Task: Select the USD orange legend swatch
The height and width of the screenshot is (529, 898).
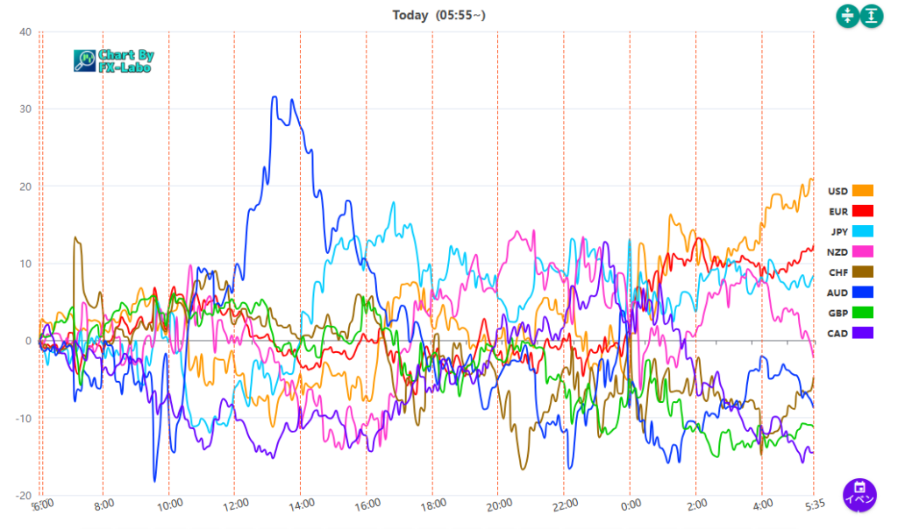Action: [x=863, y=191]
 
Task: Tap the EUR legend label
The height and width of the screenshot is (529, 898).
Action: [x=838, y=211]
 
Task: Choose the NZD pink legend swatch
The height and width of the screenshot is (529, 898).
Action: [x=863, y=252]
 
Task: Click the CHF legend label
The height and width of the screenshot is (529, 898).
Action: [x=838, y=272]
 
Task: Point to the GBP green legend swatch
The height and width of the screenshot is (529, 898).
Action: [x=863, y=313]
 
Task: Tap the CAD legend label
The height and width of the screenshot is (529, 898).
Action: [x=838, y=334]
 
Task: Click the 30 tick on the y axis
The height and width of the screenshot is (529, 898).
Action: [x=25, y=109]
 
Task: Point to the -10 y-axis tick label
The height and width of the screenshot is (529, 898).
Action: [x=23, y=418]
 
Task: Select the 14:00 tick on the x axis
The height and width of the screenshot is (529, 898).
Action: [x=302, y=504]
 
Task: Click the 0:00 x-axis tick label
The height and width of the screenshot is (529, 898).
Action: [x=631, y=504]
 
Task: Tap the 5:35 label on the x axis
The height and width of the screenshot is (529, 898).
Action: [x=814, y=504]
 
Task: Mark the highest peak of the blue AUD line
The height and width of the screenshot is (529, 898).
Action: [x=274, y=97]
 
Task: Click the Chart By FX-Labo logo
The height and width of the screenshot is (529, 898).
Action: [x=113, y=60]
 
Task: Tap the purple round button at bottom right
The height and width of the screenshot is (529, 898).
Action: [x=860, y=494]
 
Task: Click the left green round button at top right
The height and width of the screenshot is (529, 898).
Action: [x=848, y=16]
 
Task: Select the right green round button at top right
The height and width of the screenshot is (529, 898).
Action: [x=872, y=16]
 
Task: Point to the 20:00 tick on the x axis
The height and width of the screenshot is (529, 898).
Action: [x=499, y=504]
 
